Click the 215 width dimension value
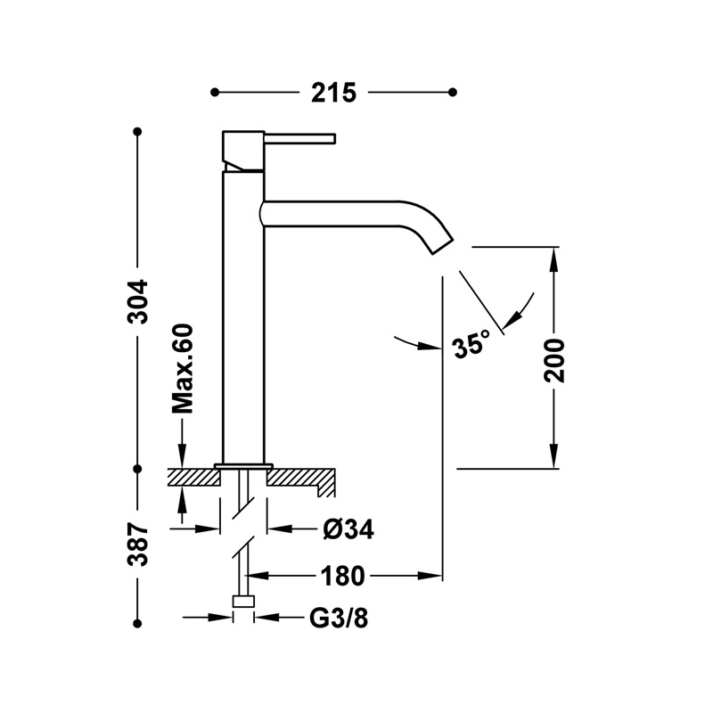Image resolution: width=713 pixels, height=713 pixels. click(334, 92)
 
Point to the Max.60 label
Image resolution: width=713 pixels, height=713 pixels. click(184, 368)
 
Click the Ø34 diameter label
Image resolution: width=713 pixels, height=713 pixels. click(348, 529)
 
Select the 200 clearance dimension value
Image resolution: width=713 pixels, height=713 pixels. click(554, 359)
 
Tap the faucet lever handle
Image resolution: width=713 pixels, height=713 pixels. click(299, 138)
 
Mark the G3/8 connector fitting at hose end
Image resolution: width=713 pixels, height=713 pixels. click(243, 602)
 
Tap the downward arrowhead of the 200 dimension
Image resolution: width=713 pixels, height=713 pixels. click(554, 459)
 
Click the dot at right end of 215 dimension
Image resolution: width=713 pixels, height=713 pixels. click(454, 92)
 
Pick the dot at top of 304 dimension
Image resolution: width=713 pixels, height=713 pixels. click(138, 132)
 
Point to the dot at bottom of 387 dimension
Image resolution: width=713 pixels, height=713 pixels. click(138, 621)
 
